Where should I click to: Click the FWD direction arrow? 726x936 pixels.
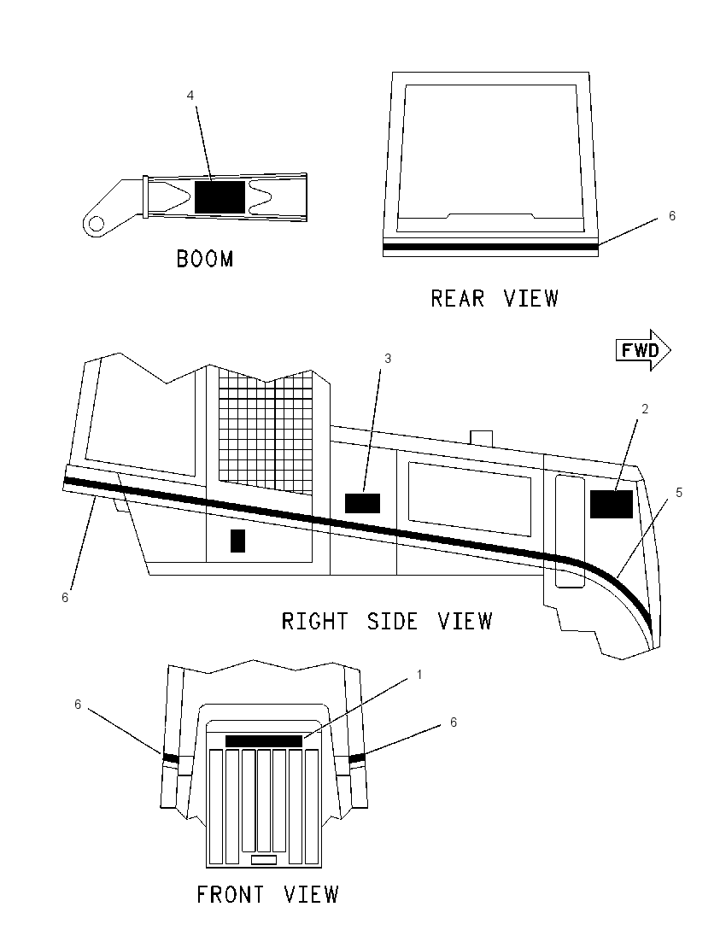[643, 350]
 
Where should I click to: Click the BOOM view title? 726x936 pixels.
[205, 259]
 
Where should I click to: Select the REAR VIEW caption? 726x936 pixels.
[495, 298]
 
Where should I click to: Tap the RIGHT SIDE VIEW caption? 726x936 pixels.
[387, 622]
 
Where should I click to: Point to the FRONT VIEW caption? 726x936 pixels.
[267, 894]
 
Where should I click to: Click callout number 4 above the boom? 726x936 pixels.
[190, 96]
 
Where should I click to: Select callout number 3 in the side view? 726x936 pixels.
[388, 358]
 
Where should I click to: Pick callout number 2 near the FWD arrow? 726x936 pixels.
[645, 409]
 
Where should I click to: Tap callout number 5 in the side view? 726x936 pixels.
[679, 493]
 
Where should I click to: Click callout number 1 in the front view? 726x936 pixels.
[419, 675]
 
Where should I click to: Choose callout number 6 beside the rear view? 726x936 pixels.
[671, 216]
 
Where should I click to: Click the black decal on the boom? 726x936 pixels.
[220, 196]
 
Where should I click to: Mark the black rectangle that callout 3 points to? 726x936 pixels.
[362, 503]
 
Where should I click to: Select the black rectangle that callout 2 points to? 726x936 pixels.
[612, 504]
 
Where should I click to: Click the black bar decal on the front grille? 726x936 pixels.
[264, 740]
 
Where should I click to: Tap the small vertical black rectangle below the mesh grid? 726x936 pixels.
[237, 541]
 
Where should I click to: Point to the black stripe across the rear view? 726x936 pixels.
[490, 247]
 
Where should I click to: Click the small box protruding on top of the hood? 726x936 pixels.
[481, 437]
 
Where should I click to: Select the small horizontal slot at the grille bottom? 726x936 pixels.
[264, 860]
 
